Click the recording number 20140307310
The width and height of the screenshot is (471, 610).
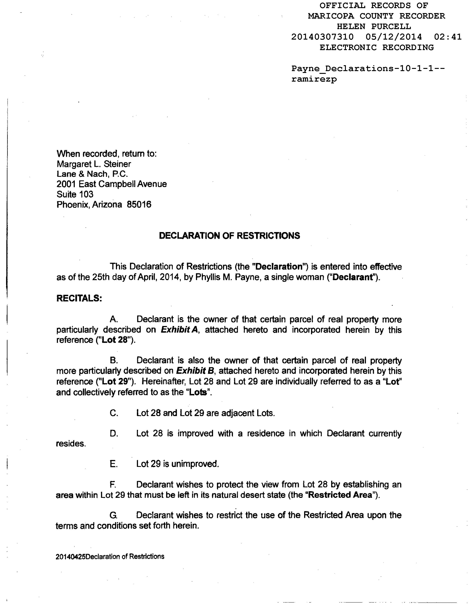pos(322,37)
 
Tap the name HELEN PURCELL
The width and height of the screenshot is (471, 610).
pos(374,27)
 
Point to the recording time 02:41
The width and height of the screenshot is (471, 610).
pos(448,37)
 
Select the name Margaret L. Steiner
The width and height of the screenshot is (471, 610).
pos(94,164)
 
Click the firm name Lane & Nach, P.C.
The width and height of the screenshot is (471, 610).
pos(92,174)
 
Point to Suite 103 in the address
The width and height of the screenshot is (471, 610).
pos(75,194)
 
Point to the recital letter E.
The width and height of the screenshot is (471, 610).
pos(114,464)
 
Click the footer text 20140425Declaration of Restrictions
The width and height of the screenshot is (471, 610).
pos(110,557)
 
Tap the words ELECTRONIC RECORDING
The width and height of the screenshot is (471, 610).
pos(376,48)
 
